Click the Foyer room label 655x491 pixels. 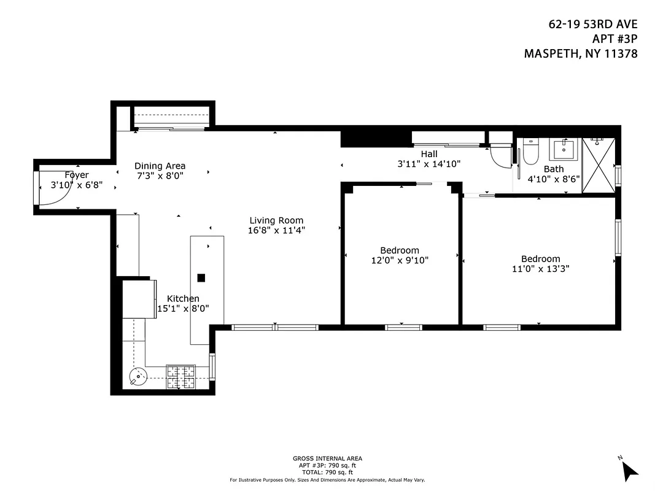pyautogui.click(x=77, y=175)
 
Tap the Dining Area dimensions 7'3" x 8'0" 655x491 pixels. pyautogui.click(x=160, y=176)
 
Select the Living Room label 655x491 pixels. pyautogui.click(x=276, y=220)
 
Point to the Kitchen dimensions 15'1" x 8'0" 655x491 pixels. pyautogui.click(x=183, y=309)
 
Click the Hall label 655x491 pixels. pyautogui.click(x=429, y=153)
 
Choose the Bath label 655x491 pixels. pyautogui.click(x=553, y=169)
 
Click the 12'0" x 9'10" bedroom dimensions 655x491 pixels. pyautogui.click(x=400, y=260)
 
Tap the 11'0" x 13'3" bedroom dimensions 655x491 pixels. pyautogui.click(x=540, y=268)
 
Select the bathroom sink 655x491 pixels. pyautogui.click(x=564, y=149)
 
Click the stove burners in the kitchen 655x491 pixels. pyautogui.click(x=180, y=377)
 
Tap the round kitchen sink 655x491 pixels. pyautogui.click(x=138, y=375)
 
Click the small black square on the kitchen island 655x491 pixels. pyautogui.click(x=201, y=277)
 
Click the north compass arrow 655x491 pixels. pyautogui.click(x=629, y=470)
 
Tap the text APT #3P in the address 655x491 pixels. pyautogui.click(x=616, y=39)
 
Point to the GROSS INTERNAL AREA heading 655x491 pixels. pyautogui.click(x=327, y=458)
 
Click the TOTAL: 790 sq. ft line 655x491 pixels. pyautogui.click(x=327, y=472)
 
